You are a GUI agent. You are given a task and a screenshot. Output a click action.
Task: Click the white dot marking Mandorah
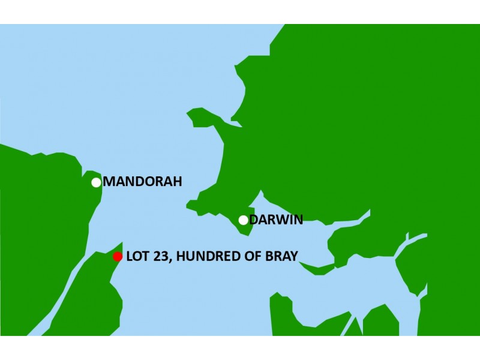pyautogui.click(x=96, y=182)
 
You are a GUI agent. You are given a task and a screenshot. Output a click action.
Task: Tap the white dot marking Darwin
pyautogui.click(x=243, y=220)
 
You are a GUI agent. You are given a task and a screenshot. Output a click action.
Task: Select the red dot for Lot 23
pyautogui.click(x=118, y=257)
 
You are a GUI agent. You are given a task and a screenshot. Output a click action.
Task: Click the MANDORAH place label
pyautogui.click(x=142, y=182)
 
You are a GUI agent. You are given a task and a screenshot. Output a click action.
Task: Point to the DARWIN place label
pyautogui.click(x=276, y=220)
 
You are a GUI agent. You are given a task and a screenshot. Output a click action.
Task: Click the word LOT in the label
pyautogui.click(x=137, y=257)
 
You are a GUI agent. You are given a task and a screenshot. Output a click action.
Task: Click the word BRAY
pyautogui.click(x=278, y=257)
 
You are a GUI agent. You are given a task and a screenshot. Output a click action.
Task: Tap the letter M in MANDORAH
pyautogui.click(x=110, y=182)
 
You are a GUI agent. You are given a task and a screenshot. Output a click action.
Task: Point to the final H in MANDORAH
pyautogui.click(x=176, y=182)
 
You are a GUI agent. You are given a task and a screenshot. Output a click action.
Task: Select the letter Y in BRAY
pyautogui.click(x=293, y=257)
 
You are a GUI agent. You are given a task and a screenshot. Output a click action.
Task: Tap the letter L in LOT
pyautogui.click(x=130, y=257)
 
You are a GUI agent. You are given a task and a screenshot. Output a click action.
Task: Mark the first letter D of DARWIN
pyautogui.click(x=254, y=220)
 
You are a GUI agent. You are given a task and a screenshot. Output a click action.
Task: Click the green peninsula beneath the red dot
pyautogui.click(x=96, y=300)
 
